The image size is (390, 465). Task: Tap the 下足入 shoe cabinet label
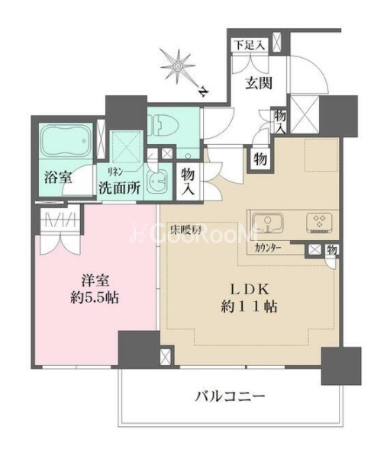pos(249,46)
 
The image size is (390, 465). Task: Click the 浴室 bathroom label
pos(58,178)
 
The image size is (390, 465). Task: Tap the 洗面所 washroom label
pos(119,188)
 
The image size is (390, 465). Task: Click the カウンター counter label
pos(268,247)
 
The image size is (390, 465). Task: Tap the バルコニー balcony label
pos(230,397)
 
